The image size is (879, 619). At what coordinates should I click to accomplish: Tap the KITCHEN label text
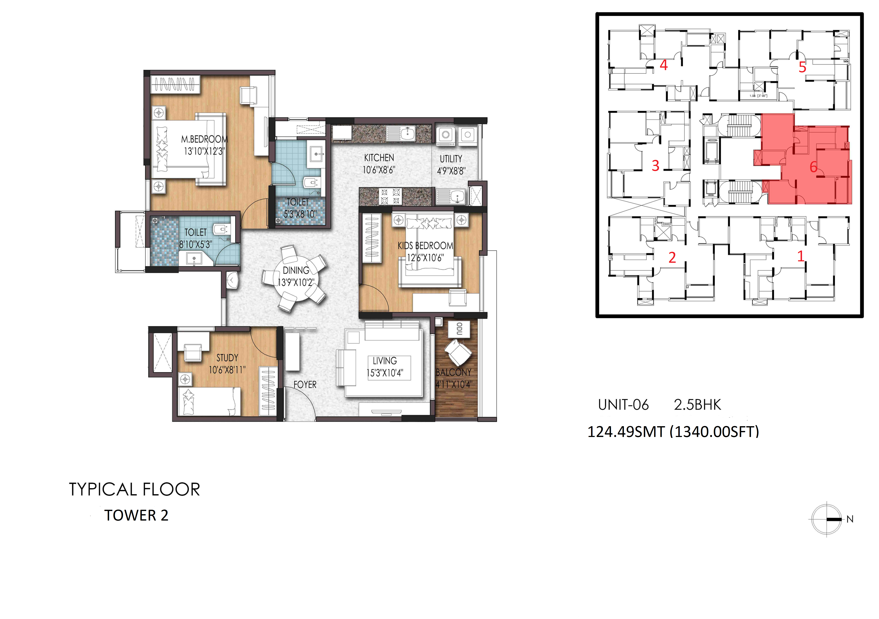click(x=379, y=158)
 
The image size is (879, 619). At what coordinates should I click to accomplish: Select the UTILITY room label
click(x=451, y=159)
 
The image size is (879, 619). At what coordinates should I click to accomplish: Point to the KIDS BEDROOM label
click(x=425, y=246)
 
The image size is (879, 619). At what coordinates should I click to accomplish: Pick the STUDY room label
click(x=227, y=358)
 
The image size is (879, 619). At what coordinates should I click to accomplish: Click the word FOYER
click(x=305, y=385)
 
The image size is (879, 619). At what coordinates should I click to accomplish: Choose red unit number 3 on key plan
click(x=655, y=166)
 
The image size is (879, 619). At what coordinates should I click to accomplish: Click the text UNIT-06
click(x=623, y=405)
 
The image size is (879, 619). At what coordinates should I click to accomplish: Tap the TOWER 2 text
click(x=136, y=516)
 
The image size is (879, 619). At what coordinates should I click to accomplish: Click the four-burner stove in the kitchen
click(x=390, y=196)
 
